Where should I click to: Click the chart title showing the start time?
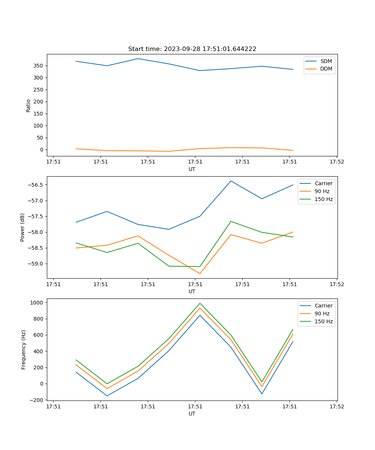pos(192,49)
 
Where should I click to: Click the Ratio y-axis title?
pos(28,105)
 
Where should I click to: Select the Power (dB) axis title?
pos(22,227)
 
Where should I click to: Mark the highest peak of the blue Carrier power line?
pos(231,181)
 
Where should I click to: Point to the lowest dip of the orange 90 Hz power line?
pos(200,273)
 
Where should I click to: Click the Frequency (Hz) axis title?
pos(24,349)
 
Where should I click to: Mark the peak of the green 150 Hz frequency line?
pos(200,303)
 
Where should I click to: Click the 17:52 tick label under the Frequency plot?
pos(336,406)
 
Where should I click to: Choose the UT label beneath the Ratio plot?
pos(192,169)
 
